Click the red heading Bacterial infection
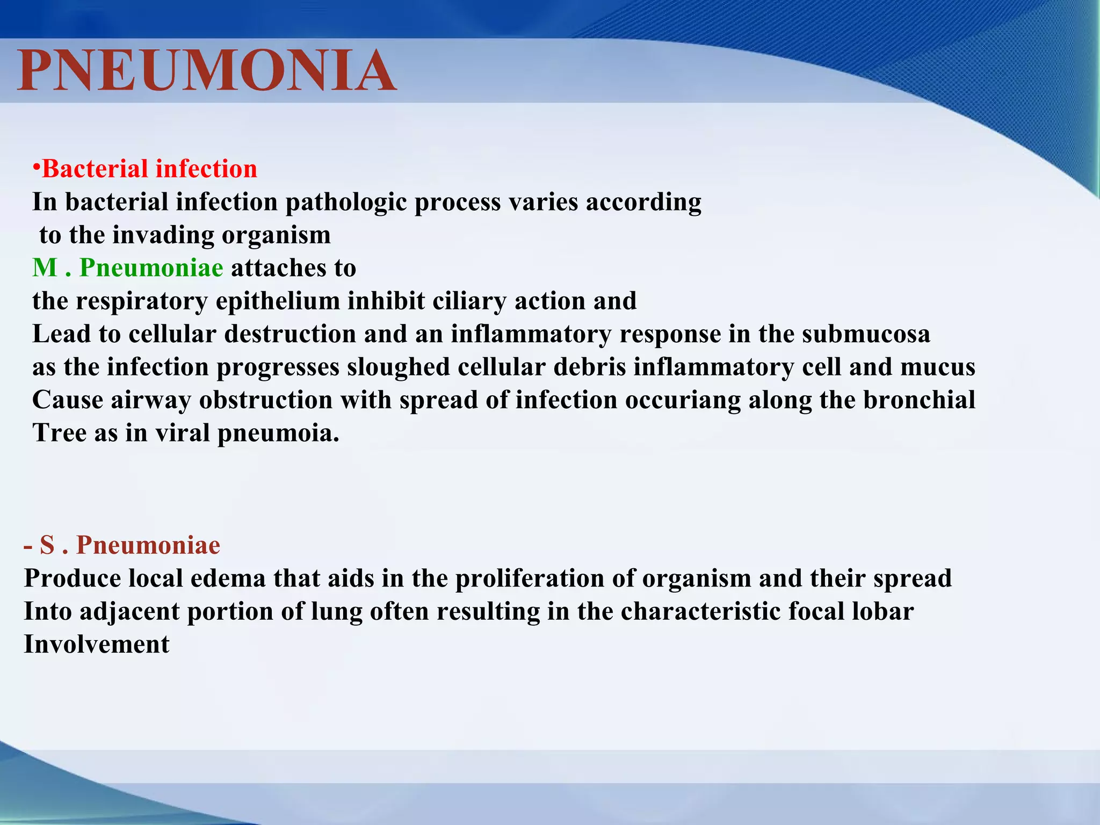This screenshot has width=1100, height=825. (x=149, y=169)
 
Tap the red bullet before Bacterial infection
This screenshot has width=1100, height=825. (x=36, y=167)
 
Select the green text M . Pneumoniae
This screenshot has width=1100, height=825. (x=127, y=267)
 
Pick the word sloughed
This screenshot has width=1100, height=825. (x=398, y=367)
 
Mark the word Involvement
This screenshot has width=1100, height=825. (x=97, y=645)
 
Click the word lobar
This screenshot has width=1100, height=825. (x=882, y=612)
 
